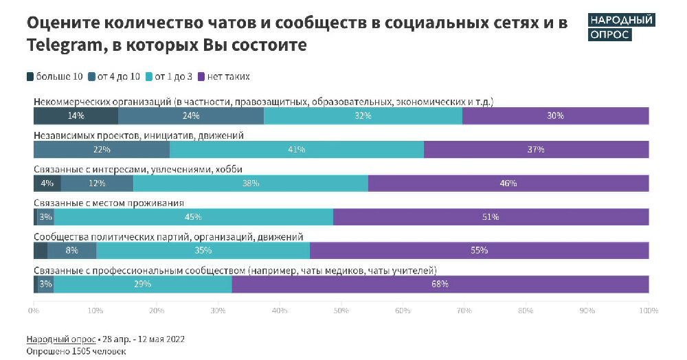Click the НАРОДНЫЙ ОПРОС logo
click(x=622, y=27)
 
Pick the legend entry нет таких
click(x=223, y=76)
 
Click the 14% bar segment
click(x=76, y=116)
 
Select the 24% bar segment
click(x=191, y=116)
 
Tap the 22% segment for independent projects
click(x=101, y=150)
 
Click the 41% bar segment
click(x=297, y=150)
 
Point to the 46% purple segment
click(x=508, y=183)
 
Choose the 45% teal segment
click(x=193, y=217)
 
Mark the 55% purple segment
click(x=479, y=251)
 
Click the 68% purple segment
click(x=440, y=284)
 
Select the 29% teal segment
click(x=143, y=284)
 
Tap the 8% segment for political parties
click(x=71, y=251)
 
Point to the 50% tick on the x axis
click(x=341, y=311)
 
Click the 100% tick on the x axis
click(x=648, y=311)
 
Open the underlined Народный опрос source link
click(x=61, y=339)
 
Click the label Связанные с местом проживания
click(x=108, y=203)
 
